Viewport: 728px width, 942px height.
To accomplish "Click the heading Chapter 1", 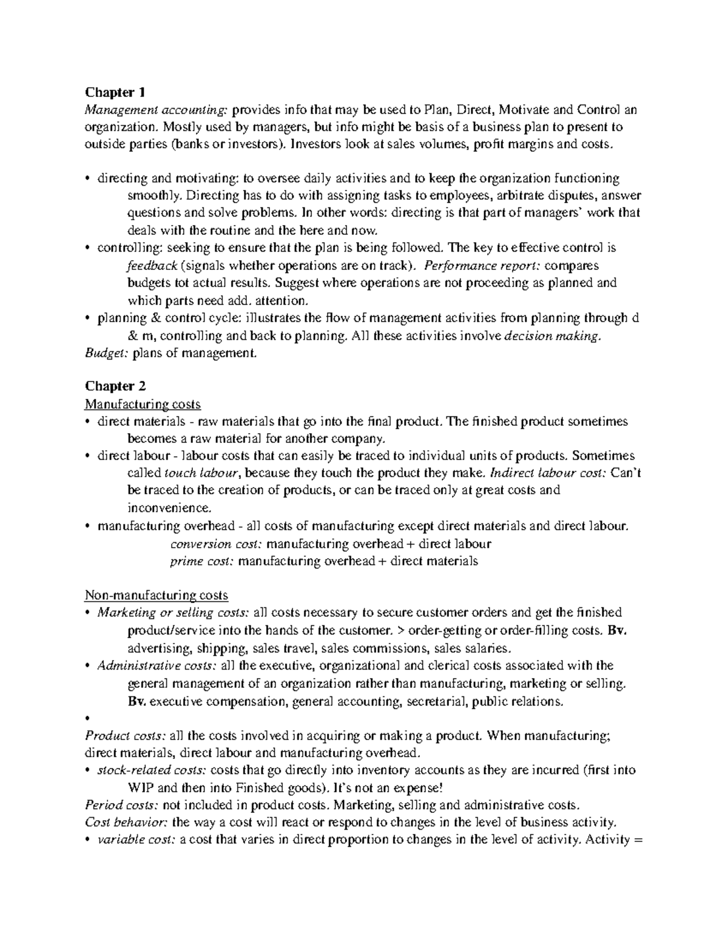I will click(115, 92).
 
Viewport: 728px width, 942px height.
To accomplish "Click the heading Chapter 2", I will click(115, 386).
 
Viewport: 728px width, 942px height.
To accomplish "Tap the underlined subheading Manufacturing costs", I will click(143, 403).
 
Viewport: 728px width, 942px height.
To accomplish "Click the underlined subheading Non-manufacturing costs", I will click(157, 595).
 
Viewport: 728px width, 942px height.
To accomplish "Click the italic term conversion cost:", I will click(216, 543).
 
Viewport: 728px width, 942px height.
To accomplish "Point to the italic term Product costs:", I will click(125, 736).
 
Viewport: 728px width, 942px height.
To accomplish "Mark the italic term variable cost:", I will click(137, 841).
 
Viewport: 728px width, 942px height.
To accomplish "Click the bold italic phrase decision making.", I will click(553, 336).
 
